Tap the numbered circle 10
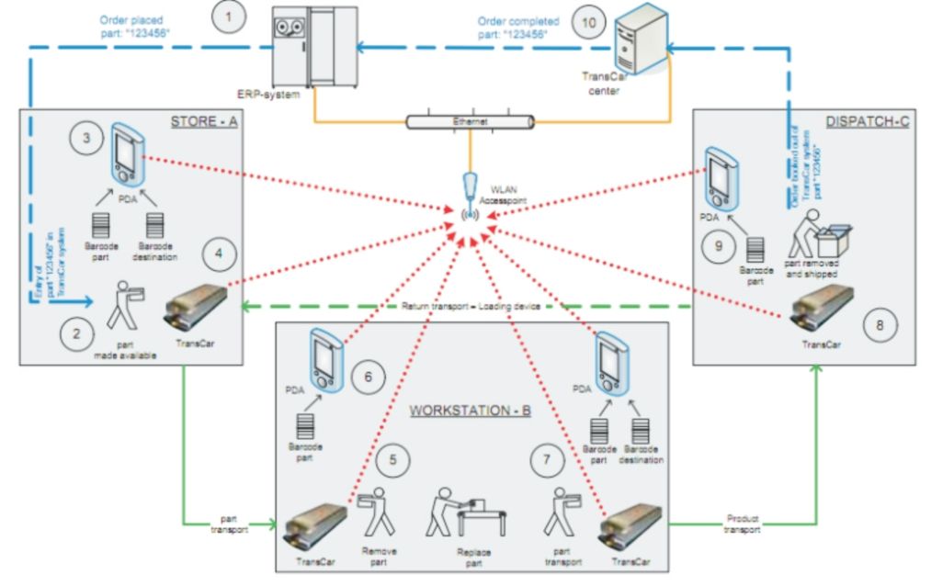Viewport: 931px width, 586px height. pos(588,21)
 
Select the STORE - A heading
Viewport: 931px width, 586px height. pos(205,122)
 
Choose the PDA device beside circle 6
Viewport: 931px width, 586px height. pos(324,357)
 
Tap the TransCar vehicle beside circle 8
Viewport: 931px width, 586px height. pos(821,309)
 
